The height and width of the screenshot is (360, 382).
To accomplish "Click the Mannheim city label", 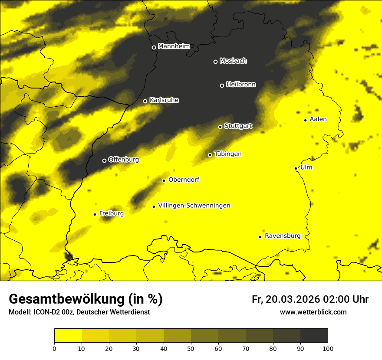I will coord(174,46).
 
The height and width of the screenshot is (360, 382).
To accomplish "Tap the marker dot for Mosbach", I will coord(215,62).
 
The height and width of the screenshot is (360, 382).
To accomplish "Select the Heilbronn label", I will coord(241,85).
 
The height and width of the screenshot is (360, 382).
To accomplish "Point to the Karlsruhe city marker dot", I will coord(145,101).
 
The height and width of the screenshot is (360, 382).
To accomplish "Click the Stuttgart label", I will coord(238,126).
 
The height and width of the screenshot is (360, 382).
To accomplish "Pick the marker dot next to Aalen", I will coord(305,120).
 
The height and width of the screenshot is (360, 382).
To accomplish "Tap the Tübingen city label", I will coord(228,154).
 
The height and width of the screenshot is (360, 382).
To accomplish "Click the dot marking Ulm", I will coord(296,168).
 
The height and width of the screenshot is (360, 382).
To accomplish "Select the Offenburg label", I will coord(124,160).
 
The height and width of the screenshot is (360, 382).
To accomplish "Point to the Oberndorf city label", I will coord(184,180).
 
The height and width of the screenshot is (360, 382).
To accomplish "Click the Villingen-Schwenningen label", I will coord(194,206).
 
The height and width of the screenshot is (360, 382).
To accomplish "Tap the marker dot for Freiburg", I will coord(95,214).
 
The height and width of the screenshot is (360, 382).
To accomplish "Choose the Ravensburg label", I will coord(283,236).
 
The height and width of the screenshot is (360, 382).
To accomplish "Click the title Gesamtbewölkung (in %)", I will coord(86,299).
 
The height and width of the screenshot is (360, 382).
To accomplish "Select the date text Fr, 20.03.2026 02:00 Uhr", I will coord(310,299).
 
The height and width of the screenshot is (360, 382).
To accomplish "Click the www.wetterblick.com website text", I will coord(313,312).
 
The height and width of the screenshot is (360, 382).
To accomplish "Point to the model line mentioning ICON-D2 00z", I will coord(79,312).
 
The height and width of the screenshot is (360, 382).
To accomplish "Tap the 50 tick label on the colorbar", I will coord(191,348).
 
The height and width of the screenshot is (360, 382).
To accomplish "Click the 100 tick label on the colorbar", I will coord(327,348).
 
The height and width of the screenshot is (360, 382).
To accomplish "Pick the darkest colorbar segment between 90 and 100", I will coord(314,335).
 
